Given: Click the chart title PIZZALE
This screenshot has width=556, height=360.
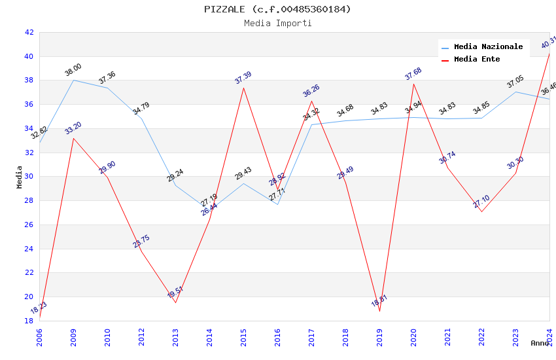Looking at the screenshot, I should click(277, 9).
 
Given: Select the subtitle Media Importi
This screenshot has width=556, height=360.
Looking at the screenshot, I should click(277, 23).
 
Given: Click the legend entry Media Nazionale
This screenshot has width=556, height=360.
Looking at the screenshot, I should click(488, 47).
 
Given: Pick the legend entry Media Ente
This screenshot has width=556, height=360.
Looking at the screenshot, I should click(477, 60).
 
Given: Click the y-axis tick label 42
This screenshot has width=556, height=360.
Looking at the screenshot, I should click(29, 32).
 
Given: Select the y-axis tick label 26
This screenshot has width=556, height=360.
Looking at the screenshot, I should click(29, 225).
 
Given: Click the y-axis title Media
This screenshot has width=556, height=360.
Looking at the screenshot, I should click(20, 177).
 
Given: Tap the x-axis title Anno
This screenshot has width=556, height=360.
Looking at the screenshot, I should click(540, 343).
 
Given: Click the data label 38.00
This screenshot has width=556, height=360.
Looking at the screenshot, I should click(73, 70).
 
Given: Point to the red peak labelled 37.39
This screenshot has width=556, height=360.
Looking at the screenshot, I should click(243, 88).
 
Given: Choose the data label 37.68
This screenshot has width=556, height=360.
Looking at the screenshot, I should click(413, 74).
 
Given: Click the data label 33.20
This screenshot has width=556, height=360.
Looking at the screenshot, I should click(73, 128).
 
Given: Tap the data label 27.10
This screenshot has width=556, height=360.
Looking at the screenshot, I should click(481, 202).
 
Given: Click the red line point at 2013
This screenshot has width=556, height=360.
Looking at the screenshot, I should click(175, 302).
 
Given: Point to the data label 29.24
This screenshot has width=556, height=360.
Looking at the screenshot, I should click(175, 175).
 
